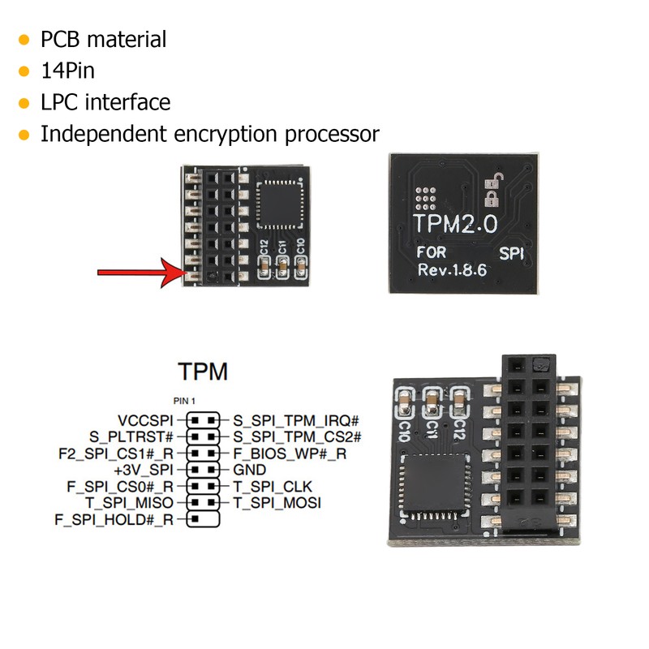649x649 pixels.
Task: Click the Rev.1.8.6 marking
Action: (x=451, y=270)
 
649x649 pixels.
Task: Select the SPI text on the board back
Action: (x=513, y=253)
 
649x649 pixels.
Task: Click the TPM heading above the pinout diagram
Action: (x=203, y=372)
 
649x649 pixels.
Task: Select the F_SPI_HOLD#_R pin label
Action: (x=114, y=518)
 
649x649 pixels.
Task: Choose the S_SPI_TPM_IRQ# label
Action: (x=295, y=421)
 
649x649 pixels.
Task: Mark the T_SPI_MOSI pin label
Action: (x=277, y=502)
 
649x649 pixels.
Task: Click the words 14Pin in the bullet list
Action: (x=68, y=71)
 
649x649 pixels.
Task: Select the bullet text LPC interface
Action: (x=105, y=102)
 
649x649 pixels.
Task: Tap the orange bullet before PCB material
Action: (x=24, y=40)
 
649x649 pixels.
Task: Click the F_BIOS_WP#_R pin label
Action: (x=290, y=453)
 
